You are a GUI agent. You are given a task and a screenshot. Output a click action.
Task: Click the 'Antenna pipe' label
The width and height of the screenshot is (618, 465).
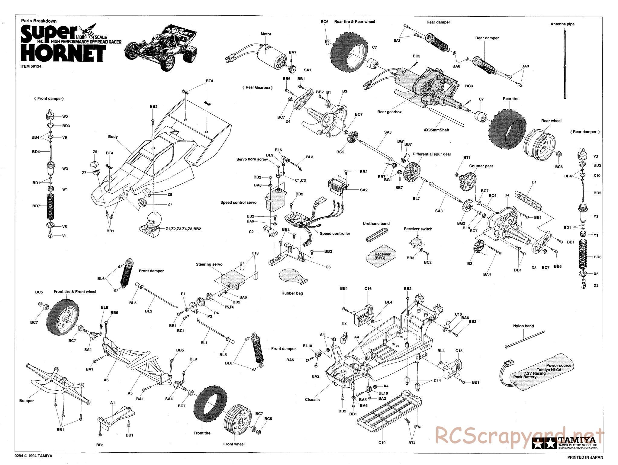(562, 24)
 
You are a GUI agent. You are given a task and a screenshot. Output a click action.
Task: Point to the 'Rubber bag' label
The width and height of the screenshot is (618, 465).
(292, 293)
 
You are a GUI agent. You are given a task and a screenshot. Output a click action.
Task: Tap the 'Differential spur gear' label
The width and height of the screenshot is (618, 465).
(432, 154)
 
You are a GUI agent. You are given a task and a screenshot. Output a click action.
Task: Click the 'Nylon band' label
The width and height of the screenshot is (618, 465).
(523, 326)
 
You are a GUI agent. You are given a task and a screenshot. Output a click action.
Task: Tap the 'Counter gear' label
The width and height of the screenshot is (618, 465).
(481, 166)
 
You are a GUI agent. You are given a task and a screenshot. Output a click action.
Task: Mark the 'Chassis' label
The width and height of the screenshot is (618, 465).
(312, 399)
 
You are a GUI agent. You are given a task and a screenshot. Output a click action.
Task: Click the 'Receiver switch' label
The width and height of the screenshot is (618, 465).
(418, 229)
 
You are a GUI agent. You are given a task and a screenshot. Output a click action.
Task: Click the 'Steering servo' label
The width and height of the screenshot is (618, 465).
(209, 264)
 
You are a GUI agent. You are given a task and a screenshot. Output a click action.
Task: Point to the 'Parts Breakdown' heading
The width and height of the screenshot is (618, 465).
(39, 21)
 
